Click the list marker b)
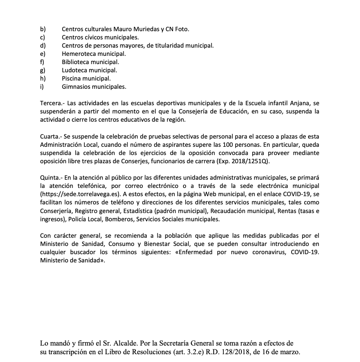(42, 29)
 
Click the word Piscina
(72, 78)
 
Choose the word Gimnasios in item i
(76, 87)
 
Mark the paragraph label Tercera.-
(52, 103)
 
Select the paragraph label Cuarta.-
(51, 136)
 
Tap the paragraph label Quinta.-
(51, 178)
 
